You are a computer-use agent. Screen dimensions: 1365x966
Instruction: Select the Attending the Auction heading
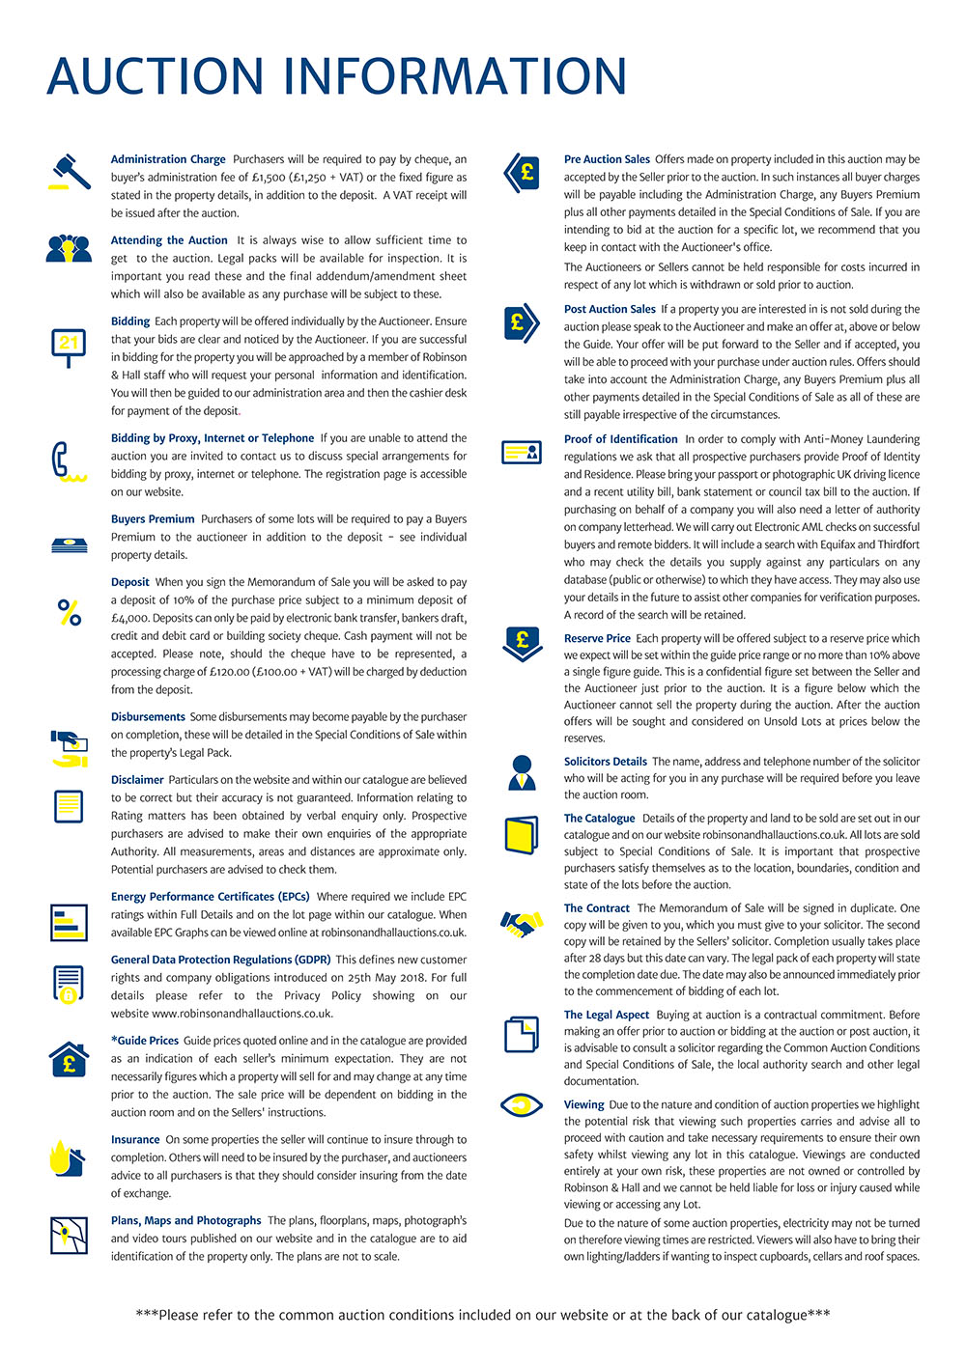[x=169, y=240]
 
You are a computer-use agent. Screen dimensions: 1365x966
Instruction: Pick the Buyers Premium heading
[x=153, y=519]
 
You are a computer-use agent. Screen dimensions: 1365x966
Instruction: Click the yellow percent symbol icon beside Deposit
[x=70, y=612]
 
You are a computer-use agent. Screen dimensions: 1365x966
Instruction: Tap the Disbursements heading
[x=148, y=717]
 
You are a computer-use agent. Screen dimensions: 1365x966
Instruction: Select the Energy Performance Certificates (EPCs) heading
[x=210, y=897]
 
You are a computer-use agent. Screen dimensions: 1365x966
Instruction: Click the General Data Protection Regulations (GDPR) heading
[x=220, y=960]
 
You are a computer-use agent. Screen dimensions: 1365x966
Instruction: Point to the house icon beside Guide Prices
[x=69, y=1060]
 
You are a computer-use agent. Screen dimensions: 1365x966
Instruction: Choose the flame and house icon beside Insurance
[x=68, y=1158]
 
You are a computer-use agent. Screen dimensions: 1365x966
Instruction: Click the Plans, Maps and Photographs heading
[x=185, y=1221]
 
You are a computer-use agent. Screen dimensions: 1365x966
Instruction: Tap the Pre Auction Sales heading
[x=607, y=159]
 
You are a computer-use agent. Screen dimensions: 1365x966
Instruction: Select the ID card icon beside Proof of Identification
[x=522, y=452]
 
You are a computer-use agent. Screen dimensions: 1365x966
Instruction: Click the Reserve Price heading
[x=597, y=638]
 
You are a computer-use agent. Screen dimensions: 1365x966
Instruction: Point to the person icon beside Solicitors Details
[x=522, y=772]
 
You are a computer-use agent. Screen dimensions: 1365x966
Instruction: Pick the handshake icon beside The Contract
[x=522, y=924]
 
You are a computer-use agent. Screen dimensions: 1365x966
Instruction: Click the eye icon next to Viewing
[x=522, y=1104]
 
